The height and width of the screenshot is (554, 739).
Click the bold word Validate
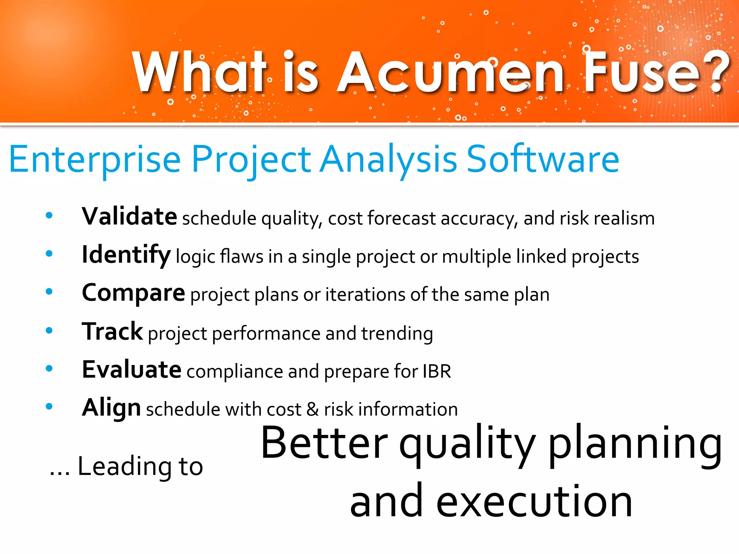point(129,216)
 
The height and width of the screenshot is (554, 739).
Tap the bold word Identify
point(126,255)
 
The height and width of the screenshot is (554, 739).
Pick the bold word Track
point(112,331)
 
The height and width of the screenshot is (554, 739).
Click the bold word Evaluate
point(131,370)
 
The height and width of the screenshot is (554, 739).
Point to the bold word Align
point(111,408)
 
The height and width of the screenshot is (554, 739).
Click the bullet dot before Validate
point(49,216)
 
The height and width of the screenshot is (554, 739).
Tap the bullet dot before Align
point(49,406)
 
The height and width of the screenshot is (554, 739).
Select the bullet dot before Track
point(49,330)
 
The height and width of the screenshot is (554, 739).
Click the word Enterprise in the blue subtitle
point(95,159)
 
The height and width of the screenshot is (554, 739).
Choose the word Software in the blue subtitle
point(543,159)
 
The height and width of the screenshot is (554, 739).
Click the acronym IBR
point(437,371)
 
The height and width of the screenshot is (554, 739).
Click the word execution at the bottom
point(534,501)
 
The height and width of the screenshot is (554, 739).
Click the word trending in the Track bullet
point(397,333)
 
